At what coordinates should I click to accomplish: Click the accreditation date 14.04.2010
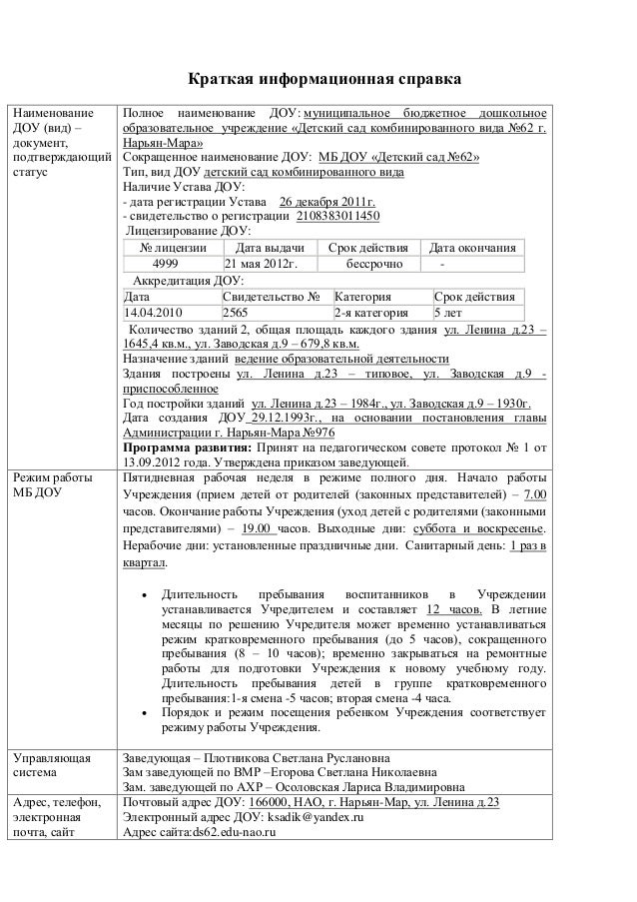pyautogui.click(x=155, y=313)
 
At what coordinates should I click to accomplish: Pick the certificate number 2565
pyautogui.click(x=236, y=313)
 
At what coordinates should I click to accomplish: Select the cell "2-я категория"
pyautogui.click(x=370, y=313)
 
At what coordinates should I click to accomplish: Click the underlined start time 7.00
pyautogui.click(x=535, y=494)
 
